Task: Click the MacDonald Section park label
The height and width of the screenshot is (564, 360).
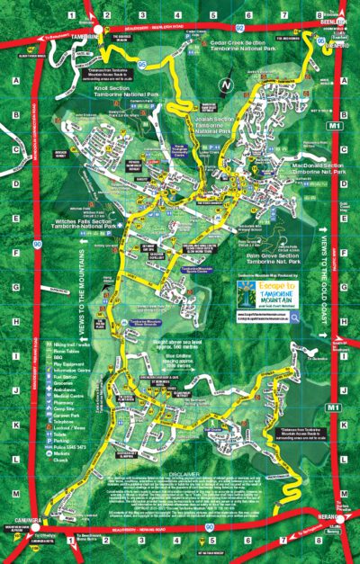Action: (x=311, y=166)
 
